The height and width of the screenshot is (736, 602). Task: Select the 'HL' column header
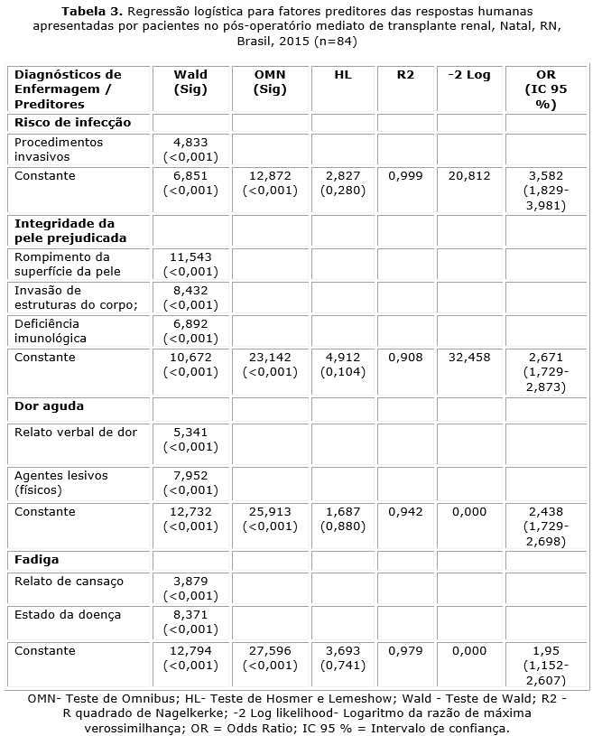coord(343,75)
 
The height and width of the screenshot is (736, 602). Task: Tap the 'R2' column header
coord(405,75)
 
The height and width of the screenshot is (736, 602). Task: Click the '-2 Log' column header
coord(468,75)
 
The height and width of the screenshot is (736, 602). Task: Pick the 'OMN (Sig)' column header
coord(271,82)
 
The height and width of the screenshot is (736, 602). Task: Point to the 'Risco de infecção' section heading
coord(73,122)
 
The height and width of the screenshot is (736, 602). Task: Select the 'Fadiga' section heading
coord(36,561)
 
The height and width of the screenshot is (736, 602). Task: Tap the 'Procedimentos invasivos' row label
coord(59,149)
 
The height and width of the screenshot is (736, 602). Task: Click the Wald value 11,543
coord(190,257)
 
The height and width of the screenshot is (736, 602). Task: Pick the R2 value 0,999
coord(405,176)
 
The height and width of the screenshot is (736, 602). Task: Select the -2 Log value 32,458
coord(468,358)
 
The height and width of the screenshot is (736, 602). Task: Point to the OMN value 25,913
coord(271,512)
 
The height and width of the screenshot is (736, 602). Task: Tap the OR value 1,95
coord(541,649)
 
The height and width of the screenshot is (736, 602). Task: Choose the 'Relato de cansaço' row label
coord(69,582)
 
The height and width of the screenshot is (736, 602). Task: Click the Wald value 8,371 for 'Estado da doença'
coord(190,615)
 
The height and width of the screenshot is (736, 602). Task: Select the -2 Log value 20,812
coord(468,176)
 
